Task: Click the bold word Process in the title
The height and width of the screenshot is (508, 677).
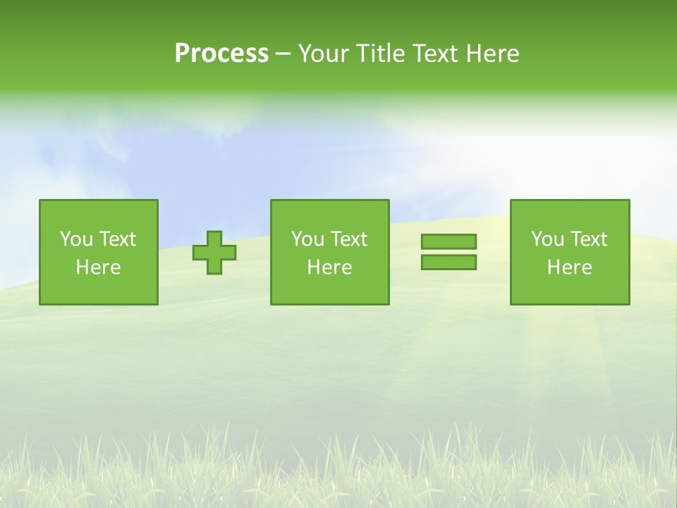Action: click(221, 54)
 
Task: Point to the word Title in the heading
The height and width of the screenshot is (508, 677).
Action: click(379, 54)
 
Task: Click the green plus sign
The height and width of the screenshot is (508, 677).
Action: click(215, 253)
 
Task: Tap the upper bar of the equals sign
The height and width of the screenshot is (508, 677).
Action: click(449, 242)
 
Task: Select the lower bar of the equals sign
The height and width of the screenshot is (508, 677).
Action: click(449, 262)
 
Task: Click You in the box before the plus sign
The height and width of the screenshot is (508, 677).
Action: click(76, 239)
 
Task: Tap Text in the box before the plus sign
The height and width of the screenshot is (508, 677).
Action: click(117, 239)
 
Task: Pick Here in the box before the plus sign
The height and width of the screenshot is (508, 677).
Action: click(98, 267)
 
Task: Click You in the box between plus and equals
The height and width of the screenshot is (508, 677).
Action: click(307, 239)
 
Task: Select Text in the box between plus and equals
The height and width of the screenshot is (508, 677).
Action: click(348, 239)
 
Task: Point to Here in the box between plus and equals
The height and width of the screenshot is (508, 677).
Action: click(329, 267)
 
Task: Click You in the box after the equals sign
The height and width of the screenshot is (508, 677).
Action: click(547, 239)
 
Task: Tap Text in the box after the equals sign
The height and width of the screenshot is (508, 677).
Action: click(588, 239)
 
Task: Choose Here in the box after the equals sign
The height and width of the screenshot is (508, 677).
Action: click(569, 267)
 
